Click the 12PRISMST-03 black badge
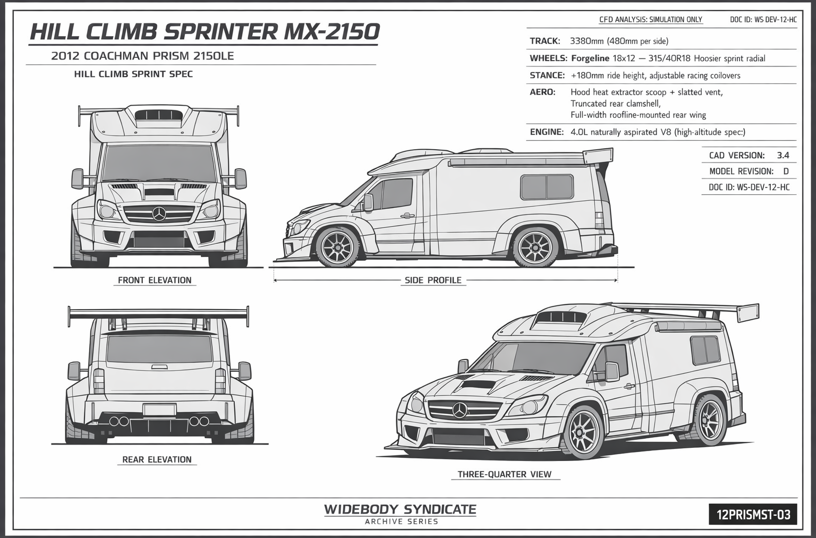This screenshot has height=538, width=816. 753,514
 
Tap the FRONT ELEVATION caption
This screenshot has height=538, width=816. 155,280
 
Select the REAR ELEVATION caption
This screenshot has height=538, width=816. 157,459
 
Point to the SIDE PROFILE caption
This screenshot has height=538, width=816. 433,280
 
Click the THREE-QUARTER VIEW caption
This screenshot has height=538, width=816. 505,474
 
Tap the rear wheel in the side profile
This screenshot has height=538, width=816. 535,247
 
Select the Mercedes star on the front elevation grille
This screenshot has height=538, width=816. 159,214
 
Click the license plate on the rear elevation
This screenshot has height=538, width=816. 159,410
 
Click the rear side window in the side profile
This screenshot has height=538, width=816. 547,187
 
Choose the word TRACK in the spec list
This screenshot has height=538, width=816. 545,41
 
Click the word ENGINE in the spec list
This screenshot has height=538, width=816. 547,132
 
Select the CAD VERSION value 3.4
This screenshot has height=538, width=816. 783,156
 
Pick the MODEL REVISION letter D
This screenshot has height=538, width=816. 786,172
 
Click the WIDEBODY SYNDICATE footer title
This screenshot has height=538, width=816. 400,509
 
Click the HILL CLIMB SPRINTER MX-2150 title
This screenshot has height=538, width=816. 205,32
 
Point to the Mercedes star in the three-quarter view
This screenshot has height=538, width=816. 460,409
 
